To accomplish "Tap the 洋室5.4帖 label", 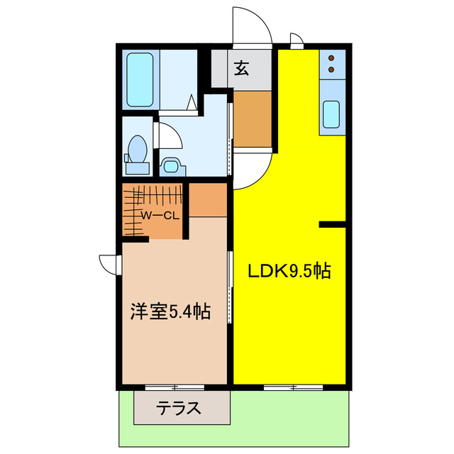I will click(170, 311).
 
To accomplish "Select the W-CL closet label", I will click(159, 215).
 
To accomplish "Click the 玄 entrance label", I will click(242, 69).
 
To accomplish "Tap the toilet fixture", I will click(137, 151).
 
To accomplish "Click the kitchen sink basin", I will click(331, 113).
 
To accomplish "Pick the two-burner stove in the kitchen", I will click(331, 63).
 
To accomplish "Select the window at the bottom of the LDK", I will click(291, 387).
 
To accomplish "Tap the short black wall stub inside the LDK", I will click(332, 225).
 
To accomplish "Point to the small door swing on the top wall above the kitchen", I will click(297, 39).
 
